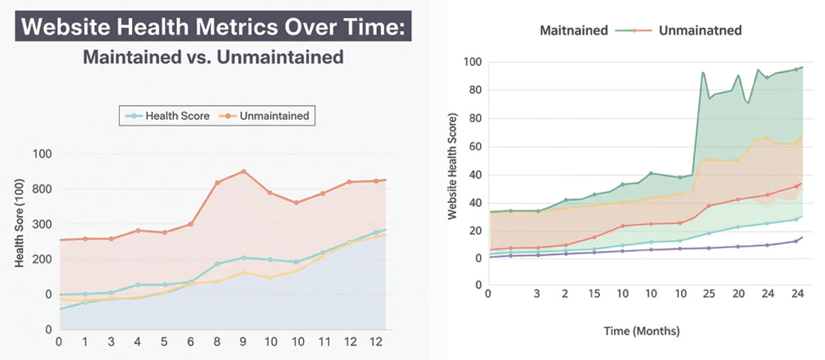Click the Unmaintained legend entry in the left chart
pyautogui.click(x=273, y=115)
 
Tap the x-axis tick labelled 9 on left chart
pyautogui.click(x=243, y=342)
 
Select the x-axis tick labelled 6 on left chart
pyautogui.click(x=190, y=342)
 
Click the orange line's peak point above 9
pyautogui.click(x=243, y=171)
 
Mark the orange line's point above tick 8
pyautogui.click(x=217, y=182)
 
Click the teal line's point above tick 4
pyautogui.click(x=138, y=285)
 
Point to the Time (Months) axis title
pyautogui.click(x=643, y=328)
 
